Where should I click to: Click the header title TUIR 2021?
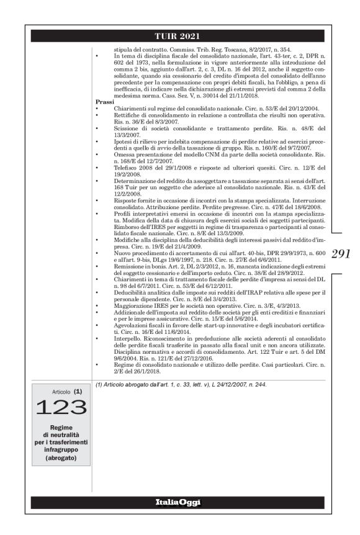(180, 36)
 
